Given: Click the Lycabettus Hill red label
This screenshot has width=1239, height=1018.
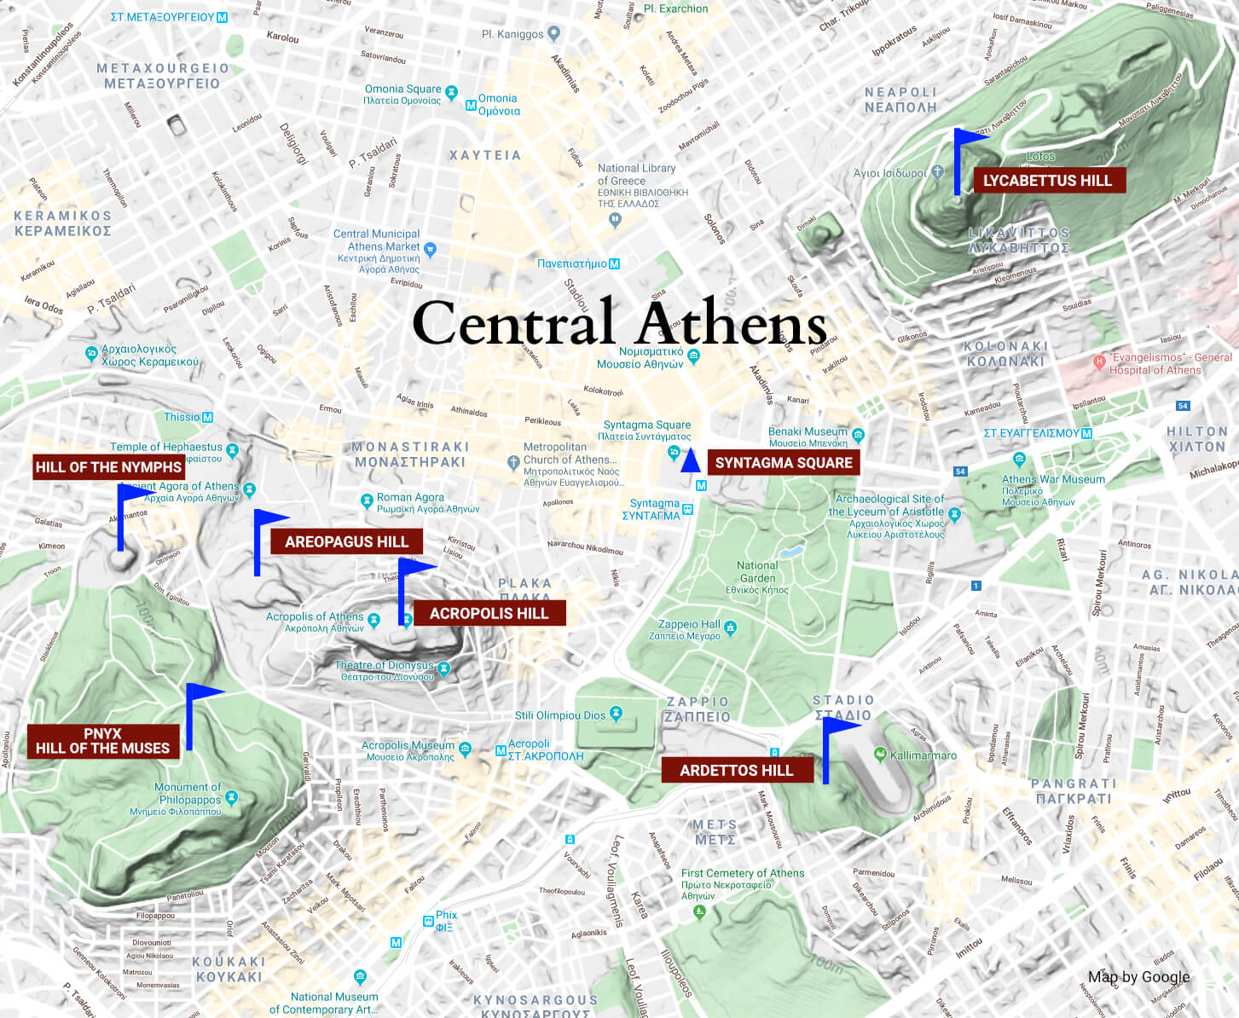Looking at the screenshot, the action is (1048, 181).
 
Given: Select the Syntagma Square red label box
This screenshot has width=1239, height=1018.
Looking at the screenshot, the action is (783, 463).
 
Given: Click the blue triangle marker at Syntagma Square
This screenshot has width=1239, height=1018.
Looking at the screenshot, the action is (691, 461).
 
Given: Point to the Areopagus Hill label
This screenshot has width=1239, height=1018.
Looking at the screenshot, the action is (346, 541).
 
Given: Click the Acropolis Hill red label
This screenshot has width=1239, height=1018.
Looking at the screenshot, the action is (489, 614).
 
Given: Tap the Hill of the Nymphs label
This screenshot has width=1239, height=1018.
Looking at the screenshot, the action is (108, 467).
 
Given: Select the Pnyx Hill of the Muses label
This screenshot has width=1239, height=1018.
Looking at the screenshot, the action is (102, 741).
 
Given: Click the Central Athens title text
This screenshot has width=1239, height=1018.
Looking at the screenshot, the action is (619, 324).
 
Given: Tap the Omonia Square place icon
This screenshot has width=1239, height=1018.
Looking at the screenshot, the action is (451, 92).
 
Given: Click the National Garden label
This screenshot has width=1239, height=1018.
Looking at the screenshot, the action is (757, 571).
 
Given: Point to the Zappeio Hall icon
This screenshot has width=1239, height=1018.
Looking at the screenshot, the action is (730, 628).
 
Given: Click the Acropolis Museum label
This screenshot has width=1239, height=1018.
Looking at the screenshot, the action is (408, 746).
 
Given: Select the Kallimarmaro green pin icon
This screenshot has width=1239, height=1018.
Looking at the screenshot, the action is (880, 754).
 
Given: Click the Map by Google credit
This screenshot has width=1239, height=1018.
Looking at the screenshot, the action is (1138, 977).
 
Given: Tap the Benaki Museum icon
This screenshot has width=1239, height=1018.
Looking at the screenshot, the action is (858, 435).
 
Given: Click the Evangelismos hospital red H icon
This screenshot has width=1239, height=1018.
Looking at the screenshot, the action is (1099, 362).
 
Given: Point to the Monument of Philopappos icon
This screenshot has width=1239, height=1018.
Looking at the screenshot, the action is (231, 798).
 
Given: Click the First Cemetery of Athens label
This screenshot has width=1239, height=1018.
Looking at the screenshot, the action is (742, 873).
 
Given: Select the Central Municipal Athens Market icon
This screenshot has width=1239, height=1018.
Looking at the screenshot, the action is (430, 250).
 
